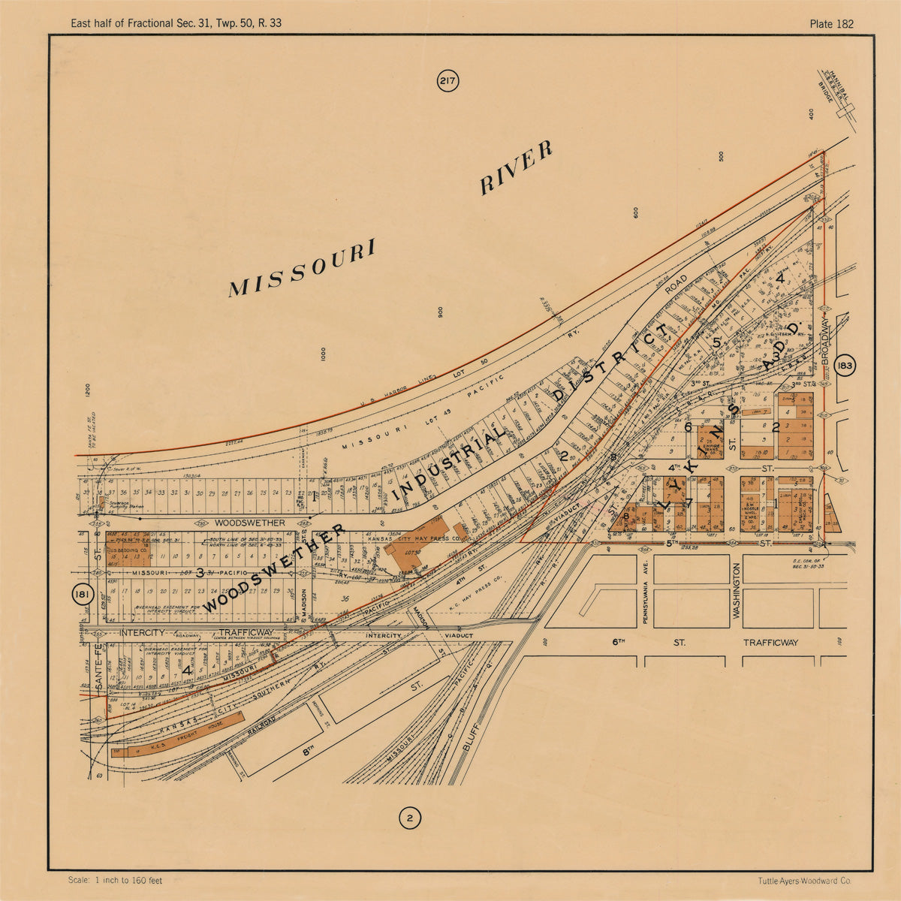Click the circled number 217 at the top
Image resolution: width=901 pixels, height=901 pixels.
click(447, 81)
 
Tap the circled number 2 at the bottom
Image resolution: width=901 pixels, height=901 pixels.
click(409, 818)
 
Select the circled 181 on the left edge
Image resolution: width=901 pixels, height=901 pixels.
click(82, 595)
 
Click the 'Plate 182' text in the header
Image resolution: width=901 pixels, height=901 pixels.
click(831, 23)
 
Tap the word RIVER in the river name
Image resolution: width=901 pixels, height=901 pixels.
click(517, 167)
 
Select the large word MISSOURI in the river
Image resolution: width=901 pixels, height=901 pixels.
click(302, 269)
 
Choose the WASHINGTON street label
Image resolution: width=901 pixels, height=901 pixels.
click(737, 591)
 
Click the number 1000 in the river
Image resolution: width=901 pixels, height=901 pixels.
click(323, 355)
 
